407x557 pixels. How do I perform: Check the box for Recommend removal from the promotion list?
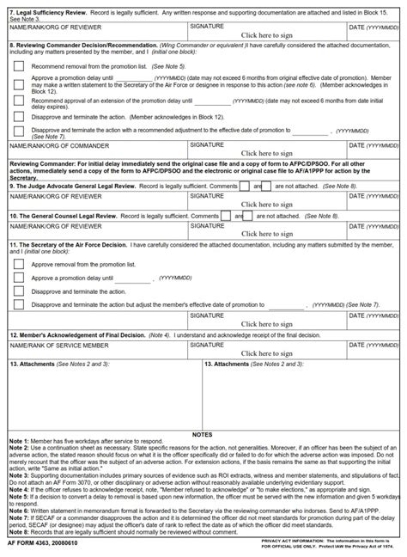(18, 65)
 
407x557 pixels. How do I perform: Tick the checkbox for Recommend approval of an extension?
(18, 103)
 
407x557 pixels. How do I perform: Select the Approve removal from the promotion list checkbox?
(18, 266)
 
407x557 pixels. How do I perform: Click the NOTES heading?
(203, 435)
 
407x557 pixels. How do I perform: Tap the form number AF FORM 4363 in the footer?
(41, 544)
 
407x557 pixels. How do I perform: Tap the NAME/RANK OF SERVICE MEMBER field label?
(59, 344)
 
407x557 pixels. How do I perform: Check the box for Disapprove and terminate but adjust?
(18, 304)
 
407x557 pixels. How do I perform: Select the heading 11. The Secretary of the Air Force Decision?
(72, 245)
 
